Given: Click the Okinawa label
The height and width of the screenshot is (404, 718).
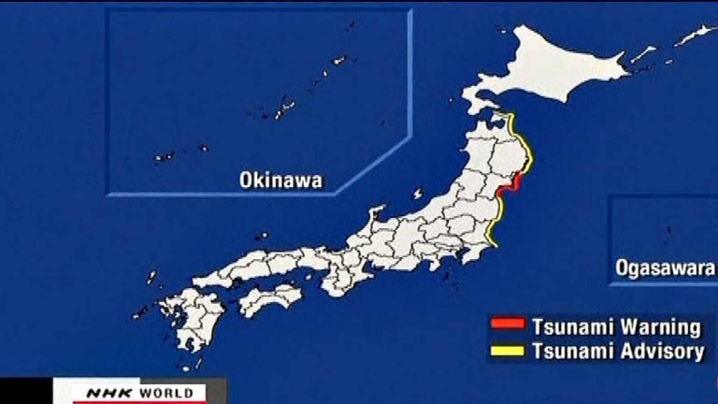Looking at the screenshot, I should [x=280, y=180].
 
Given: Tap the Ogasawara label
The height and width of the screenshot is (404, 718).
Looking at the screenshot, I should [x=665, y=268].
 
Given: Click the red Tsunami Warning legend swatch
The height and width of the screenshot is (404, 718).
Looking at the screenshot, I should [x=508, y=324].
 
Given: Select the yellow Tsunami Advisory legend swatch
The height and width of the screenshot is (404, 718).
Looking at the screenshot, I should [x=508, y=350].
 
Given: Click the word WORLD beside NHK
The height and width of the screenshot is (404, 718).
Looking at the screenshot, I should [x=166, y=394].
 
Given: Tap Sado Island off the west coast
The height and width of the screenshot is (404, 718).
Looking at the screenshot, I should [x=418, y=194].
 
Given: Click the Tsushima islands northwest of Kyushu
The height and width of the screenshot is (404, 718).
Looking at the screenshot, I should [x=152, y=277].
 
